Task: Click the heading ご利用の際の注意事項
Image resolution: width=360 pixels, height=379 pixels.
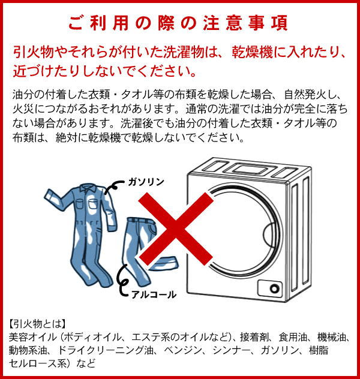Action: pyautogui.click(x=178, y=23)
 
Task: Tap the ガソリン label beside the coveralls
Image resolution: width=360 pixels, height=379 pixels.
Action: pyautogui.click(x=146, y=182)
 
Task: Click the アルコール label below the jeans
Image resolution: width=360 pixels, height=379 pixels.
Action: pyautogui.click(x=154, y=294)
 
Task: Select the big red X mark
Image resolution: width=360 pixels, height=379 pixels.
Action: pyautogui.click(x=176, y=229)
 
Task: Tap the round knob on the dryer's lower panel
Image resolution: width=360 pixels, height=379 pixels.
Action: pyautogui.click(x=274, y=288)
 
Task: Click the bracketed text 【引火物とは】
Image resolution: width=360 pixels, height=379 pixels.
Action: pyautogui.click(x=37, y=324)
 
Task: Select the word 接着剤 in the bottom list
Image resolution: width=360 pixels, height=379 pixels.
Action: pyautogui.click(x=254, y=337)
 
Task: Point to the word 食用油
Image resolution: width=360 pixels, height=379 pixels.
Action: pyautogui.click(x=293, y=337)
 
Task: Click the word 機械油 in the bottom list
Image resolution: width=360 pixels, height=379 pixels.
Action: pyautogui.click(x=331, y=337)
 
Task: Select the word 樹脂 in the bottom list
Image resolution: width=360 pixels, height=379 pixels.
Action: pyautogui.click(x=319, y=350)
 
